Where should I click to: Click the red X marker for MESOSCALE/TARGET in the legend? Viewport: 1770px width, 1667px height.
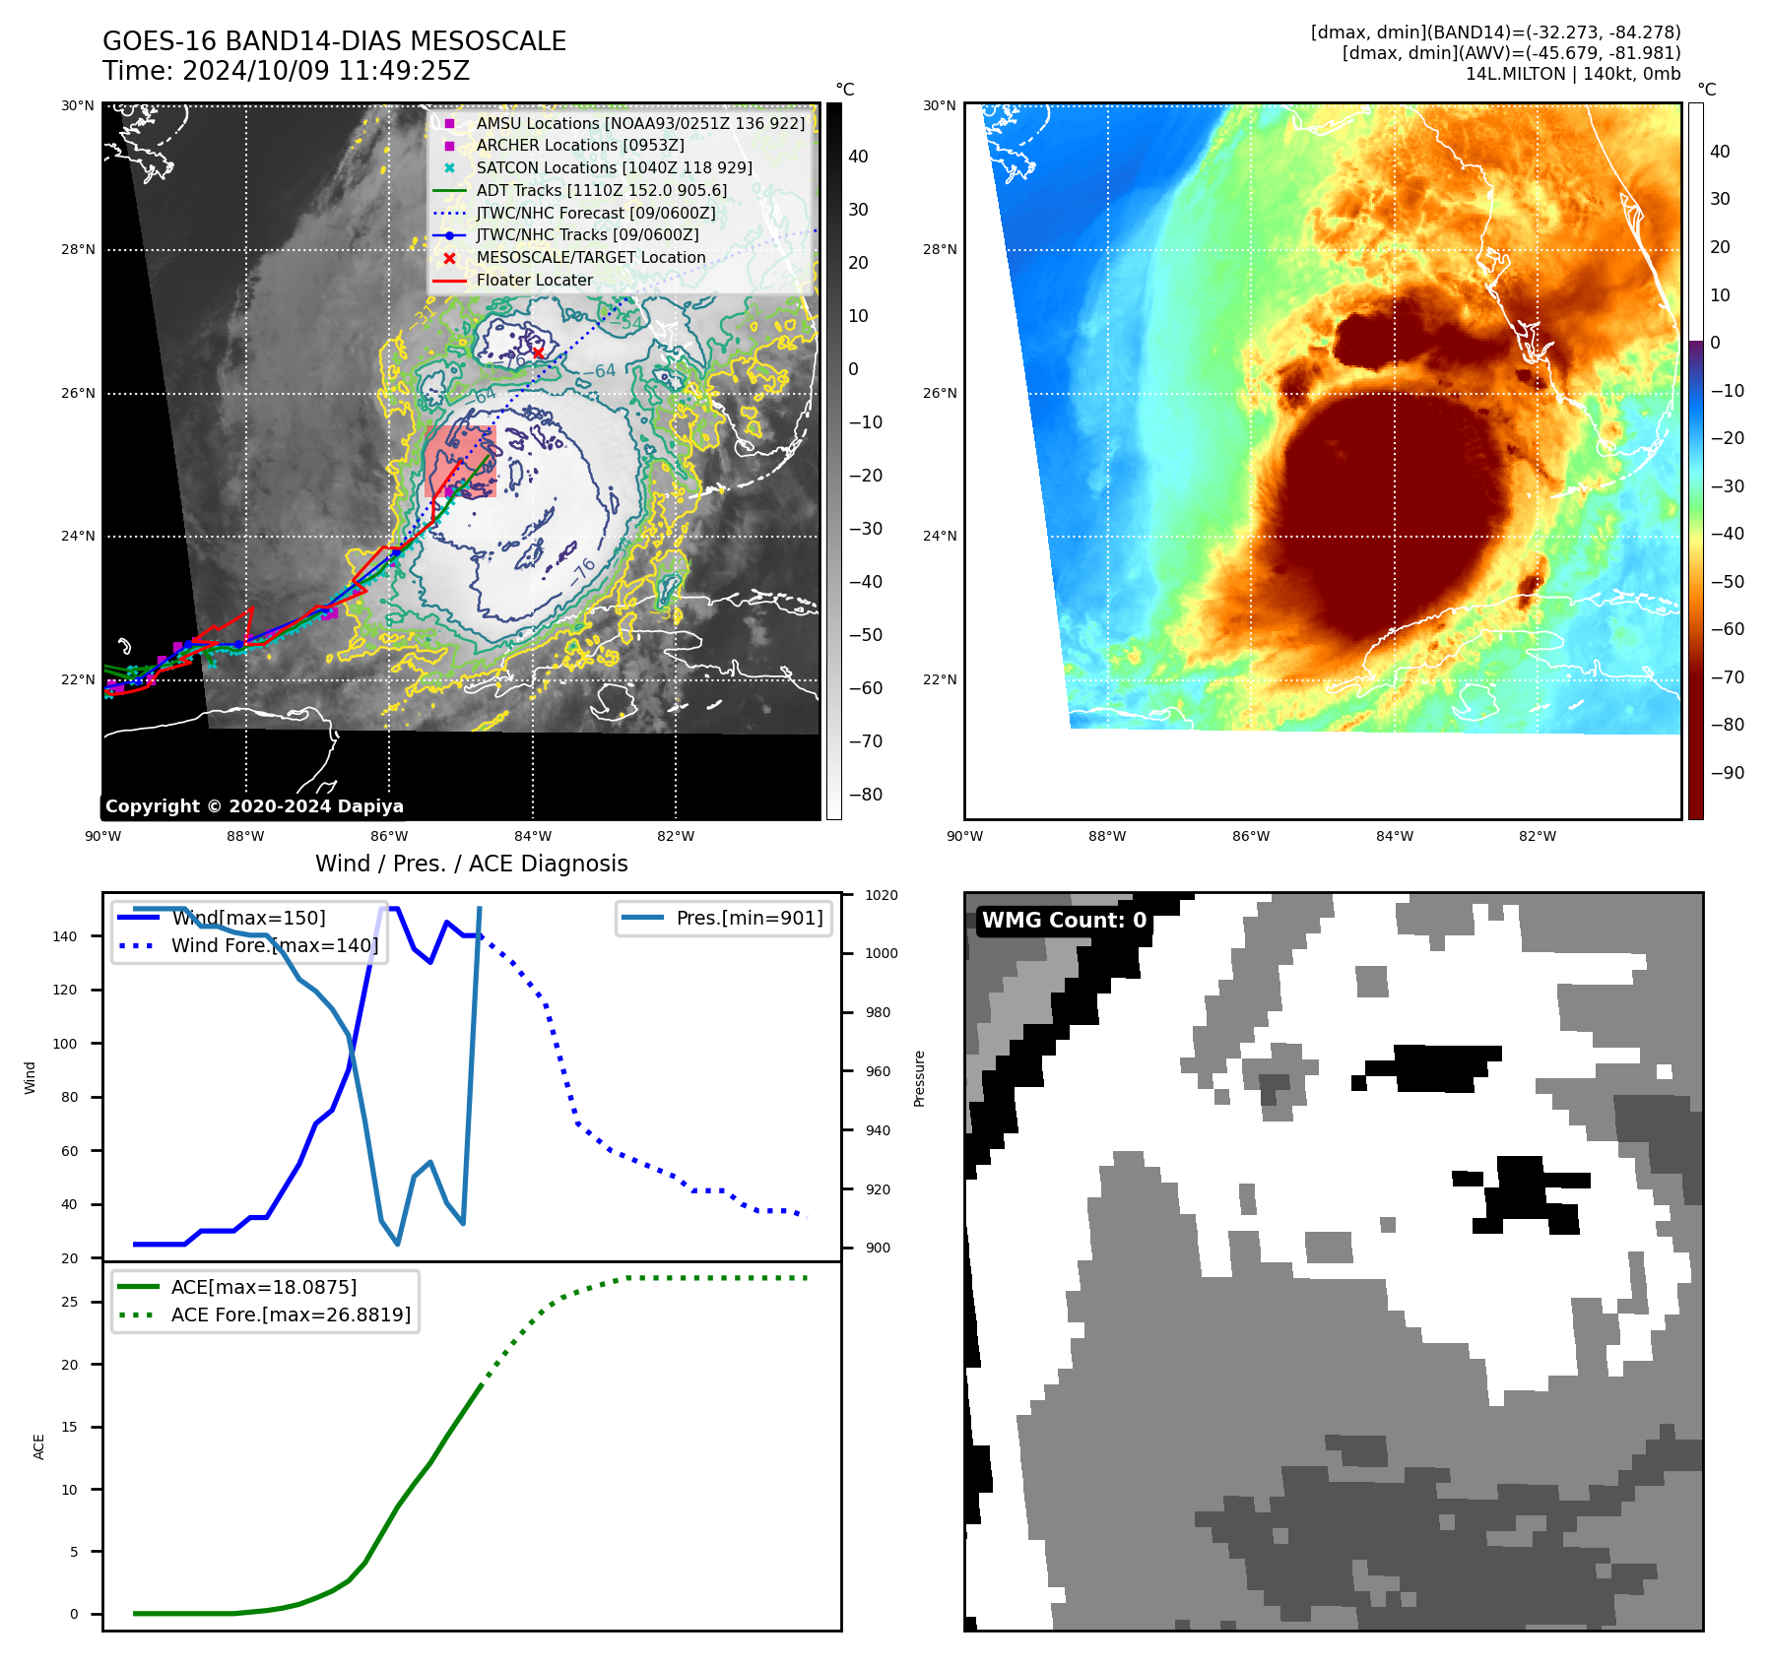(x=449, y=258)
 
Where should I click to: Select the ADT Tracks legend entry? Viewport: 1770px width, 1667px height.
(x=601, y=190)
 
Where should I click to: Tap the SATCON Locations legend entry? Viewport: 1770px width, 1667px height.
(x=614, y=167)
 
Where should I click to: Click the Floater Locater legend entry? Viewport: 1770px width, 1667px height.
(x=534, y=280)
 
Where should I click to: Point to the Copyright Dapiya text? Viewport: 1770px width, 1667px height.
(x=254, y=806)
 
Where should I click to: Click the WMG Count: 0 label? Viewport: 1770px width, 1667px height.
(x=1064, y=921)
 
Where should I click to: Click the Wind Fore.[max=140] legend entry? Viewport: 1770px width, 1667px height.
(x=274, y=945)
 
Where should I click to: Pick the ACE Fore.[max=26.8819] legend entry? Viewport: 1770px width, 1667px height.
(x=291, y=1314)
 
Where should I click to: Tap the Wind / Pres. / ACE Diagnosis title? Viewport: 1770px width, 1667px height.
(x=471, y=864)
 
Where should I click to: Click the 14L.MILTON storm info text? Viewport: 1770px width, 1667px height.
(x=1572, y=74)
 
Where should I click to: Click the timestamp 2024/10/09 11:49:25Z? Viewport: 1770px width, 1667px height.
(x=326, y=71)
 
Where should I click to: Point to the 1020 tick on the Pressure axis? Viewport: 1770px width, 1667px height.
(x=881, y=895)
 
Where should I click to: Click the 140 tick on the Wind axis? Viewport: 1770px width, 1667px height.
(x=65, y=936)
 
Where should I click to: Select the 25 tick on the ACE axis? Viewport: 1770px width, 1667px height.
(x=70, y=1302)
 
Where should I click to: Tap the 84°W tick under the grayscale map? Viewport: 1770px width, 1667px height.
(x=533, y=836)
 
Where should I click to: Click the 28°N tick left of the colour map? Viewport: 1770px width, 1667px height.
(x=940, y=249)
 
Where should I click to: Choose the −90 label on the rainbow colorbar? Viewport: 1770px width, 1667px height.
(x=1727, y=773)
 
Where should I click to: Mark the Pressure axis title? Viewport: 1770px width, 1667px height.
(x=919, y=1078)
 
